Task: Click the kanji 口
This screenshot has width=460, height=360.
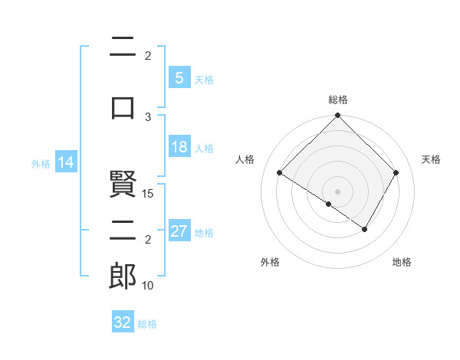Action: click(123, 107)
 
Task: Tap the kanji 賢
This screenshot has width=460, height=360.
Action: click(123, 185)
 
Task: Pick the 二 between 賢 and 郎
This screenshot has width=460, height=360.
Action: click(123, 231)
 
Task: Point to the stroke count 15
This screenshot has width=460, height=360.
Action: click(149, 193)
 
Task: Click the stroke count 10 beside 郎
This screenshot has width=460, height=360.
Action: click(149, 285)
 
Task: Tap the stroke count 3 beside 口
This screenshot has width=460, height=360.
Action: click(149, 116)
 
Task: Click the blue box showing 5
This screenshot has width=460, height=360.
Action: click(179, 78)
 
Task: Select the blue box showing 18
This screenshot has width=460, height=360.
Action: click(179, 147)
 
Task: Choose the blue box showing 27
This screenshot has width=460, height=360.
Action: click(179, 231)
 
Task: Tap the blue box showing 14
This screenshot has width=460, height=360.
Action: click(66, 162)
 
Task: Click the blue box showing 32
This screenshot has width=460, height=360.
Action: click(123, 322)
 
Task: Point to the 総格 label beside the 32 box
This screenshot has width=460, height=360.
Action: click(148, 324)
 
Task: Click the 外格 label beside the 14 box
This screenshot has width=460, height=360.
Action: click(41, 164)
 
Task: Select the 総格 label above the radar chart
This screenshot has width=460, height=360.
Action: click(338, 100)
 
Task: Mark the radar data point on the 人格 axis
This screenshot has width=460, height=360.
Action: click(280, 173)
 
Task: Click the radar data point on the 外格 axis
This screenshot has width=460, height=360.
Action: click(329, 204)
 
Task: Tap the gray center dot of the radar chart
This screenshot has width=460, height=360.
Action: click(337, 191)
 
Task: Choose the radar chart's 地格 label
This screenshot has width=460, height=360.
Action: click(402, 263)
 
